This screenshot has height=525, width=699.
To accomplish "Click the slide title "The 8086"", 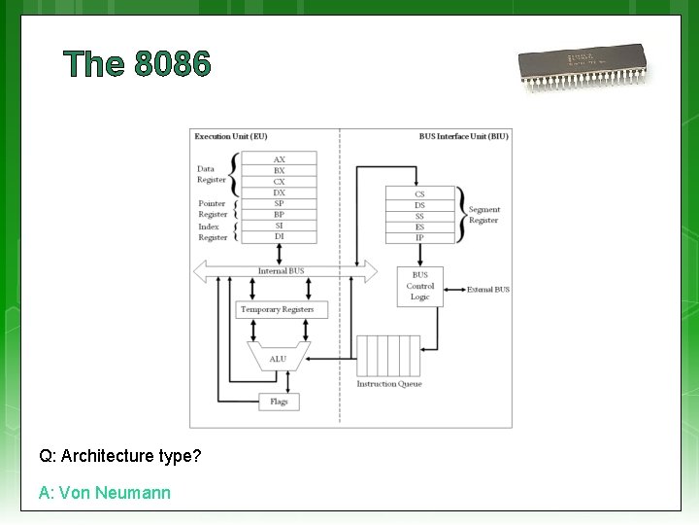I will [x=137, y=64].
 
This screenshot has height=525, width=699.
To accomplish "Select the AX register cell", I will [x=280, y=159].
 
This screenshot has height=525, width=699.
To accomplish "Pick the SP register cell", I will [x=280, y=203].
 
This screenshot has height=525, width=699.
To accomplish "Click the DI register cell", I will [x=280, y=236].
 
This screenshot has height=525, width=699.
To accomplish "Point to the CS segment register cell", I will [x=419, y=193].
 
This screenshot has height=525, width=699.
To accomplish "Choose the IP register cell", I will [x=419, y=237].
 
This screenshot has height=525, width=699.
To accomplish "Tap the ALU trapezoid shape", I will [x=279, y=357].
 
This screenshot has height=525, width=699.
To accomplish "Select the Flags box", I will [x=279, y=401].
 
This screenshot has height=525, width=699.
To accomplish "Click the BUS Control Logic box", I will [x=419, y=287].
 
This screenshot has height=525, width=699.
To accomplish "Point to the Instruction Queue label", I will [x=389, y=384].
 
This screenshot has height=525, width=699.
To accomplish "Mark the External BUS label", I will [x=487, y=290].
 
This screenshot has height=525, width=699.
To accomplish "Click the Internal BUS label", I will [x=281, y=271].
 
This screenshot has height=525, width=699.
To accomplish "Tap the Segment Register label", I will [x=483, y=215].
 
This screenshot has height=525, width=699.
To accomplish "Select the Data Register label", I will [x=212, y=174].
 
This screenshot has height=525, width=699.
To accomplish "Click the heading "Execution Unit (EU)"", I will [x=231, y=137].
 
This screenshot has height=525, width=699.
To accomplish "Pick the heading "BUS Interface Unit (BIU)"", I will [x=463, y=137].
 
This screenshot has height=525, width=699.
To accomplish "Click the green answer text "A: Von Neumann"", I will [x=105, y=493].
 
